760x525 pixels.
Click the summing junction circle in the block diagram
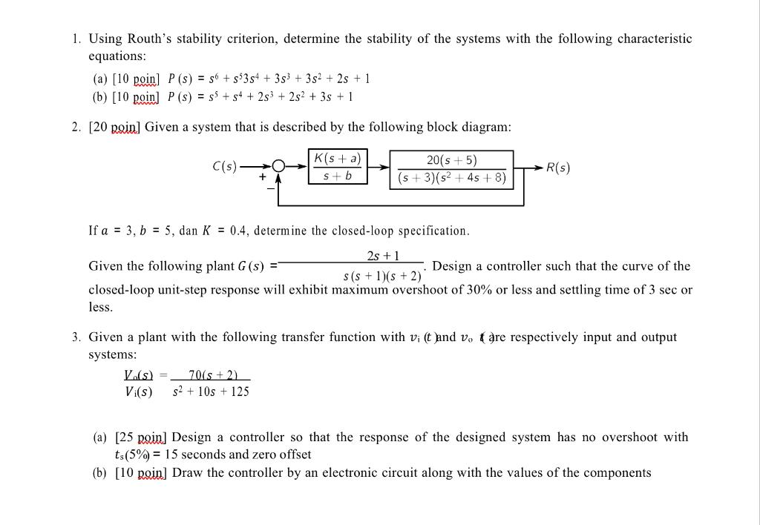click(278, 168)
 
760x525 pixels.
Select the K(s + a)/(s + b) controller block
click(338, 167)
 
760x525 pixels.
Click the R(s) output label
click(558, 167)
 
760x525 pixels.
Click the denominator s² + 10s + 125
click(211, 391)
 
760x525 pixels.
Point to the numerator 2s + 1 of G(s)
click(383, 256)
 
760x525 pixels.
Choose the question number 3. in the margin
click(77, 337)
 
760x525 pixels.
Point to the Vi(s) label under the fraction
click(138, 391)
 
